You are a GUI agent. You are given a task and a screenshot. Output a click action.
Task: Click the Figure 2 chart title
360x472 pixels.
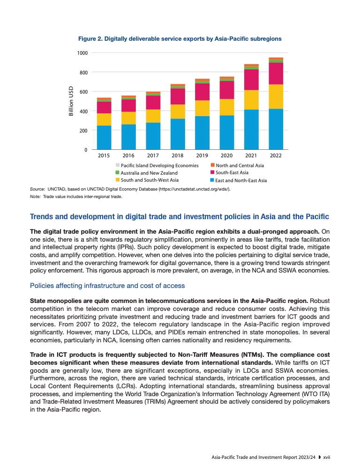pyautogui.click(x=180, y=39)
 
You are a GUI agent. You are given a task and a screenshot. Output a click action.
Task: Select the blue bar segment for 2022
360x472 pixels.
pyautogui.click(x=276, y=129)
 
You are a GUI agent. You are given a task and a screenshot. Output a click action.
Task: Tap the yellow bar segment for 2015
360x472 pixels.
pyautogui.click(x=104, y=119)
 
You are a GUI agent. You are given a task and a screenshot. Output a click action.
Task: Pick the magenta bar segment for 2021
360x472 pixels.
pyautogui.click(x=251, y=80)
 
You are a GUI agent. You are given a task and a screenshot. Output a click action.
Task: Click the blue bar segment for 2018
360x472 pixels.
pyautogui.click(x=178, y=134)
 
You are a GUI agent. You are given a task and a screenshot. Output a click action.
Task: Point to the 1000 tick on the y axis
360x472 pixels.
pyautogui.click(x=82, y=53)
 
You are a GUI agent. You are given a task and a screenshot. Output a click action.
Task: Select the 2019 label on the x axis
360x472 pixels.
pyautogui.click(x=202, y=155)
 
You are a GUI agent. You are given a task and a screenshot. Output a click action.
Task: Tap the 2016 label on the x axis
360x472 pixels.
pyautogui.click(x=128, y=155)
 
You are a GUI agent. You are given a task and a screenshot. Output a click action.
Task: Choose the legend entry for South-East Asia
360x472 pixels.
pyautogui.click(x=232, y=173)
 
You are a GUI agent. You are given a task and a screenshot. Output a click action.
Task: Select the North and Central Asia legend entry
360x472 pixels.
pyautogui.click(x=239, y=165)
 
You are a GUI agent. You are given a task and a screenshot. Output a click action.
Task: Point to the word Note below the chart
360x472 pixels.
pyautogui.click(x=35, y=197)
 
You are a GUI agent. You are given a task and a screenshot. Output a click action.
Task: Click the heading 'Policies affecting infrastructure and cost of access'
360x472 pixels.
pyautogui.click(x=107, y=286)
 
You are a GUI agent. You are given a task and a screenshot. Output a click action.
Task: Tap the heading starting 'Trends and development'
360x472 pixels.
pyautogui.click(x=179, y=217)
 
